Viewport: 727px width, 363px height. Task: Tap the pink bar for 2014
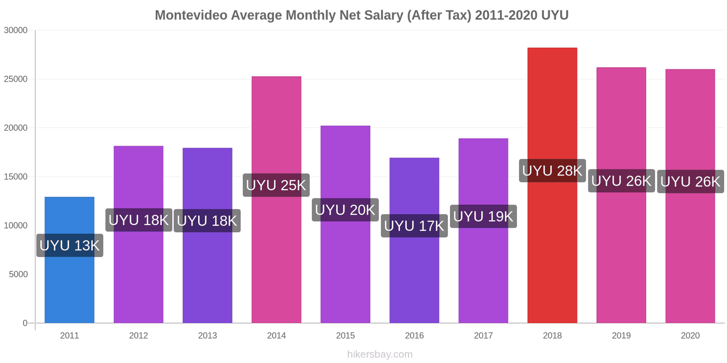click(x=276, y=254)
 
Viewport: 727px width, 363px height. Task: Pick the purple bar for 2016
click(x=414, y=277)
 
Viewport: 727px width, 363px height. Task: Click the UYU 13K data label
click(x=70, y=245)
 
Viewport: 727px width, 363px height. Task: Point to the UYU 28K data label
click(x=552, y=171)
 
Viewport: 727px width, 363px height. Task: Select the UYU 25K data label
click(x=276, y=185)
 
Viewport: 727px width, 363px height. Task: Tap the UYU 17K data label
click(x=414, y=226)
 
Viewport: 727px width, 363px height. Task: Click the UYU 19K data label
click(x=483, y=216)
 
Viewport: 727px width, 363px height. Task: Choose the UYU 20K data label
click(x=345, y=210)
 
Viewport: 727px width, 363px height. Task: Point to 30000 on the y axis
click(x=16, y=30)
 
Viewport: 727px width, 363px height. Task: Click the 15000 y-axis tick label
click(x=16, y=177)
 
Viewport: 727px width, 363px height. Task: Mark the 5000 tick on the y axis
click(x=18, y=275)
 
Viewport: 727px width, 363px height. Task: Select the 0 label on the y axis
click(x=25, y=323)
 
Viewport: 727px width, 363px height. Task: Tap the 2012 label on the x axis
click(x=139, y=336)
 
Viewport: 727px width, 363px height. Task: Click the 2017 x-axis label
click(x=483, y=336)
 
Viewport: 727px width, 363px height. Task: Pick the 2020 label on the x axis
click(x=690, y=336)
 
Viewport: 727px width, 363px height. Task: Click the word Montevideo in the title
click(x=191, y=15)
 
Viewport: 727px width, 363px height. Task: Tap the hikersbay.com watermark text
click(x=380, y=354)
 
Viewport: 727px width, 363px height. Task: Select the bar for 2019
click(x=621, y=254)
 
